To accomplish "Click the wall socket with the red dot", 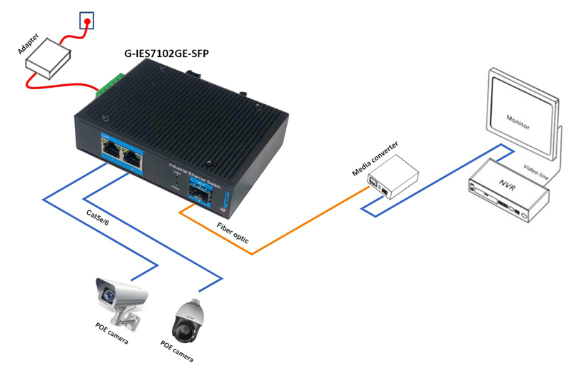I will (x=86, y=21).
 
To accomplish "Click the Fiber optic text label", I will (x=233, y=233).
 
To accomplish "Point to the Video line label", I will (x=537, y=169).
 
